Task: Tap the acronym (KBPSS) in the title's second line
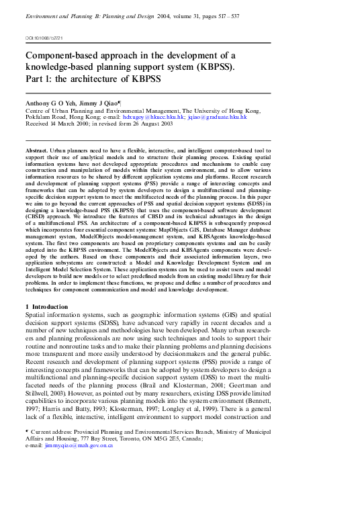pyautogui.click(x=214, y=68)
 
